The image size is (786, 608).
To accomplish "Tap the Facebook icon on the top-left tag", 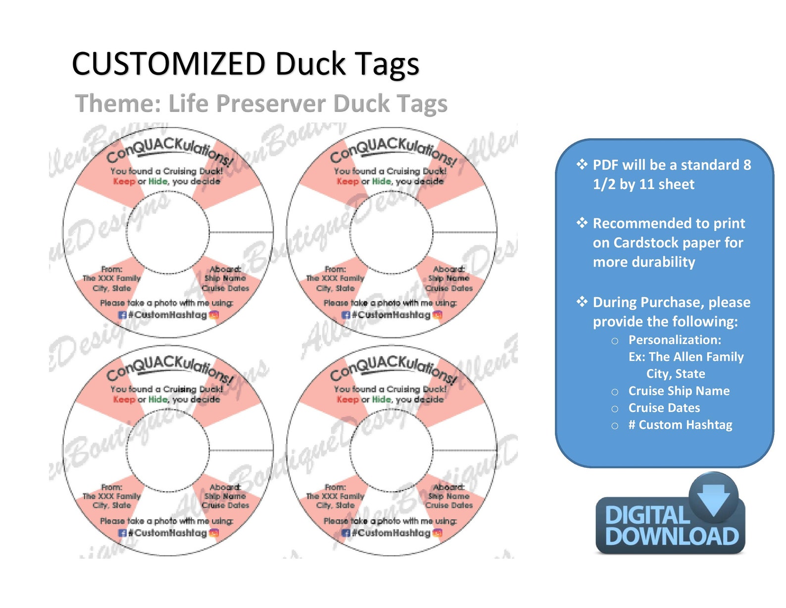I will coord(122,315).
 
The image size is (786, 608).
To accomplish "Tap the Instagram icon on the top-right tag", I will coord(438,315).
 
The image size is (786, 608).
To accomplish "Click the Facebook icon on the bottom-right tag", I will coord(346,533).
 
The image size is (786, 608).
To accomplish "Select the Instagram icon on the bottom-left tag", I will coord(214,533).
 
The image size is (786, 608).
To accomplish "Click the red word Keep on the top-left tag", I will coord(124,181).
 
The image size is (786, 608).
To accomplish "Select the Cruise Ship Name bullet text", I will coord(679,391).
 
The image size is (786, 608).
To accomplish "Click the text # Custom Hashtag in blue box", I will coord(680,425).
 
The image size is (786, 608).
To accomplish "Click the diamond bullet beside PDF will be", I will coord(582,165).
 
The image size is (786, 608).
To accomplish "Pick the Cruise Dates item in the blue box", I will coord(664,408).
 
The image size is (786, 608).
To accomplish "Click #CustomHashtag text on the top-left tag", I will coord(167,315).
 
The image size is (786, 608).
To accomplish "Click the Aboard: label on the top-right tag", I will coord(448,269).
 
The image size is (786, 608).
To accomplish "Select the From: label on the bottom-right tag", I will coord(335,487).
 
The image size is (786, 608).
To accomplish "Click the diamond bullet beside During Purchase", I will coord(582,302).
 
